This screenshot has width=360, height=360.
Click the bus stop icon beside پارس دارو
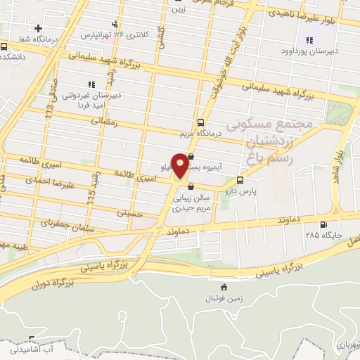(241, 179)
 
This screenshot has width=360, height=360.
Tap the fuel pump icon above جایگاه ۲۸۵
(323, 226)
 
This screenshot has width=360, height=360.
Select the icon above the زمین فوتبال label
(224, 286)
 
